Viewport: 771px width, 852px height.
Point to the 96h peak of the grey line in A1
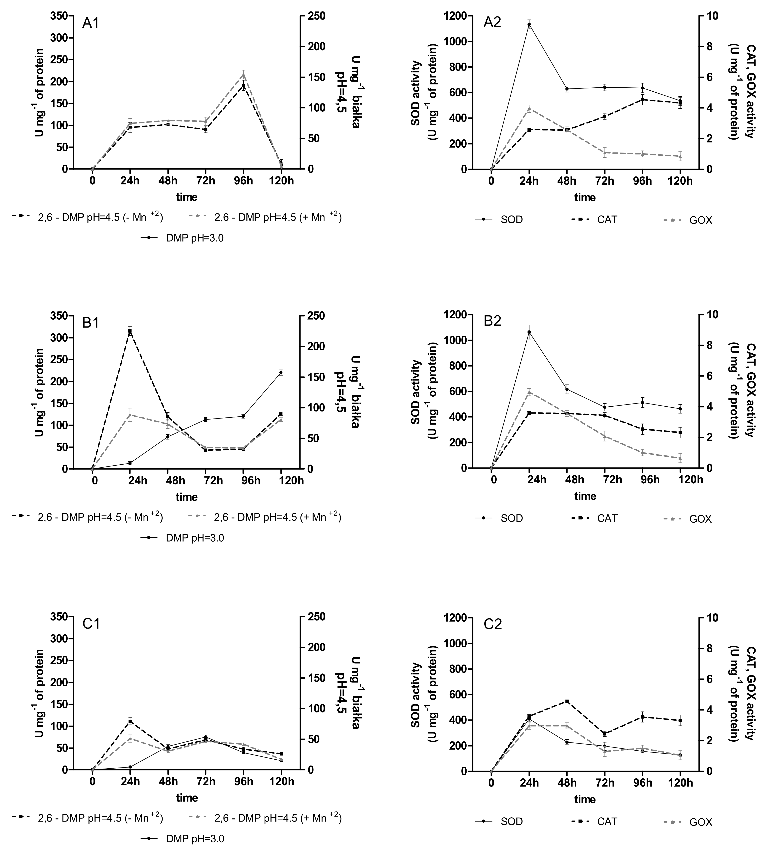(x=244, y=75)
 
